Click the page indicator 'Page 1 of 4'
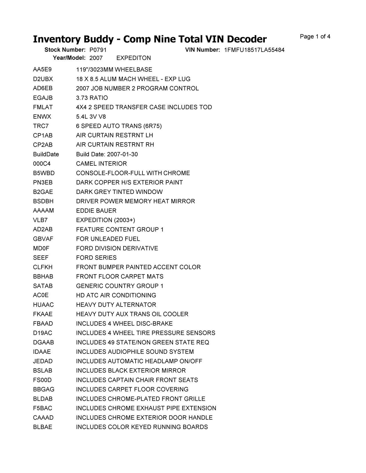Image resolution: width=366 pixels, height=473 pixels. tap(315, 37)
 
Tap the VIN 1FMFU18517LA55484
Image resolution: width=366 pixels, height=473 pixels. tap(254, 50)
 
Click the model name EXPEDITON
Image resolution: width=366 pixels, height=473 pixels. tap(134, 58)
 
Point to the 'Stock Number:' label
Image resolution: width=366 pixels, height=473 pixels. tap(65, 50)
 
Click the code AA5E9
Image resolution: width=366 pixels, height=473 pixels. tap(42, 70)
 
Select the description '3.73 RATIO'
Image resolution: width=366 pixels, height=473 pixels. tap(92, 98)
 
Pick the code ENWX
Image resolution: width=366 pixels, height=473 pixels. tap(42, 117)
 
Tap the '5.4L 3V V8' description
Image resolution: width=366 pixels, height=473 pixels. tap(91, 117)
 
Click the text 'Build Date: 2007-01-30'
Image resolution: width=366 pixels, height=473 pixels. tap(107, 154)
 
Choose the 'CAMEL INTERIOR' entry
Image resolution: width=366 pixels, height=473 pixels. tap(101, 164)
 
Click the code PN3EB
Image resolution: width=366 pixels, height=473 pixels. tap(43, 183)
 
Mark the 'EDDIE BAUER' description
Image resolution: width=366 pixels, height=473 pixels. tap(96, 211)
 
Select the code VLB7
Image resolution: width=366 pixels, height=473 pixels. tap(40, 220)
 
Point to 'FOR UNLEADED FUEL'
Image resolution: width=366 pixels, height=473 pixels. tap(108, 239)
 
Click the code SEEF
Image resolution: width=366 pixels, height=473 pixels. tap(41, 258)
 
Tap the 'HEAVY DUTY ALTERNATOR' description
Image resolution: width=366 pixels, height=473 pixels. tap(116, 305)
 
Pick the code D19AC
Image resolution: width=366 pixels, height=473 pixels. tap(43, 333)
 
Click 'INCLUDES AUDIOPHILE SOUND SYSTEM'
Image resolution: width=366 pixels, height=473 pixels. tap(135, 352)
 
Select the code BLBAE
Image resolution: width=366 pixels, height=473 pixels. tap(43, 427)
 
